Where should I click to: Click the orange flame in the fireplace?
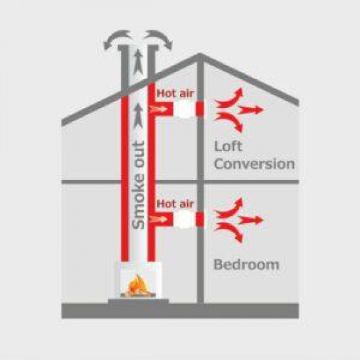pyautogui.click(x=138, y=285)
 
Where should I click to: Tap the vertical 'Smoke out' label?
pyautogui.click(x=139, y=185)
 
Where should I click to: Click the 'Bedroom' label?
pyautogui.click(x=246, y=264)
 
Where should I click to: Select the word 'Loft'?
pyautogui.click(x=228, y=147)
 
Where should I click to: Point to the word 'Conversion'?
pyautogui.click(x=255, y=164)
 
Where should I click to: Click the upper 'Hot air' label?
pyautogui.click(x=175, y=93)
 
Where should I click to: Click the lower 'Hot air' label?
pyautogui.click(x=175, y=204)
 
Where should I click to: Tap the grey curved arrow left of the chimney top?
pyautogui.click(x=117, y=39)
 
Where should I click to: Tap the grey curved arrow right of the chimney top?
pyautogui.click(x=158, y=39)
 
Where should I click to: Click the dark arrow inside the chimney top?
pyautogui.click(x=138, y=62)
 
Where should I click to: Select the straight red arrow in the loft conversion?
pyautogui.click(x=251, y=111)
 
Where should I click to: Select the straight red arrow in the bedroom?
pyautogui.click(x=251, y=221)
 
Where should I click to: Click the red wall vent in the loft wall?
pyautogui.click(x=200, y=109)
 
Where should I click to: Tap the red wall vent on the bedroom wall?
pyautogui.click(x=200, y=220)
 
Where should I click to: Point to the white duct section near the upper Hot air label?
pyautogui.click(x=184, y=109)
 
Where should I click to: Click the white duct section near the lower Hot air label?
pyautogui.click(x=184, y=220)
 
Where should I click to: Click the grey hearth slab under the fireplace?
pyautogui.click(x=139, y=302)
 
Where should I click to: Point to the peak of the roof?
pyautogui.click(x=199, y=54)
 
